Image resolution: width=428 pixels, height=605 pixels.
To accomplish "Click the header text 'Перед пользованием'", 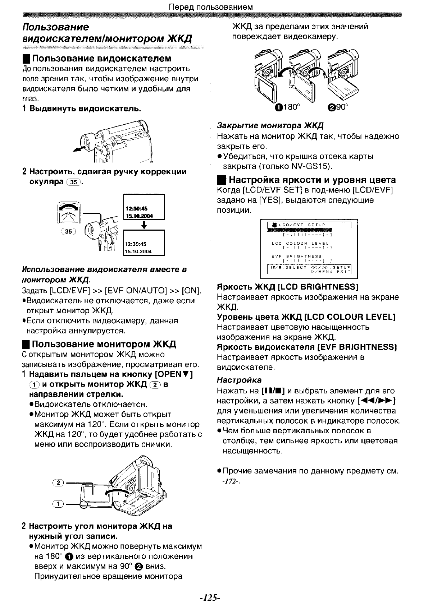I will [211, 7].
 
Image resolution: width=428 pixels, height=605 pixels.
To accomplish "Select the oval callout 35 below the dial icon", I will [68, 232].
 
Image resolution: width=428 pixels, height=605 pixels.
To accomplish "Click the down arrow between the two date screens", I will [144, 225].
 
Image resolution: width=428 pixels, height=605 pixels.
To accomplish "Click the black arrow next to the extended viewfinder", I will [79, 148].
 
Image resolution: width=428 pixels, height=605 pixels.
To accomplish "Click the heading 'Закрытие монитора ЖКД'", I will [270, 126].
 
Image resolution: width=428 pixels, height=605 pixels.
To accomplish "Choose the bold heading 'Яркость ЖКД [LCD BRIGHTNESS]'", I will [288, 287].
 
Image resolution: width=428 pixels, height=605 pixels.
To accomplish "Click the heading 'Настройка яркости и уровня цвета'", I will [312, 180].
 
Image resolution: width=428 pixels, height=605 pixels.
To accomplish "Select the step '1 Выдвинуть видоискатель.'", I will [81, 108].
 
